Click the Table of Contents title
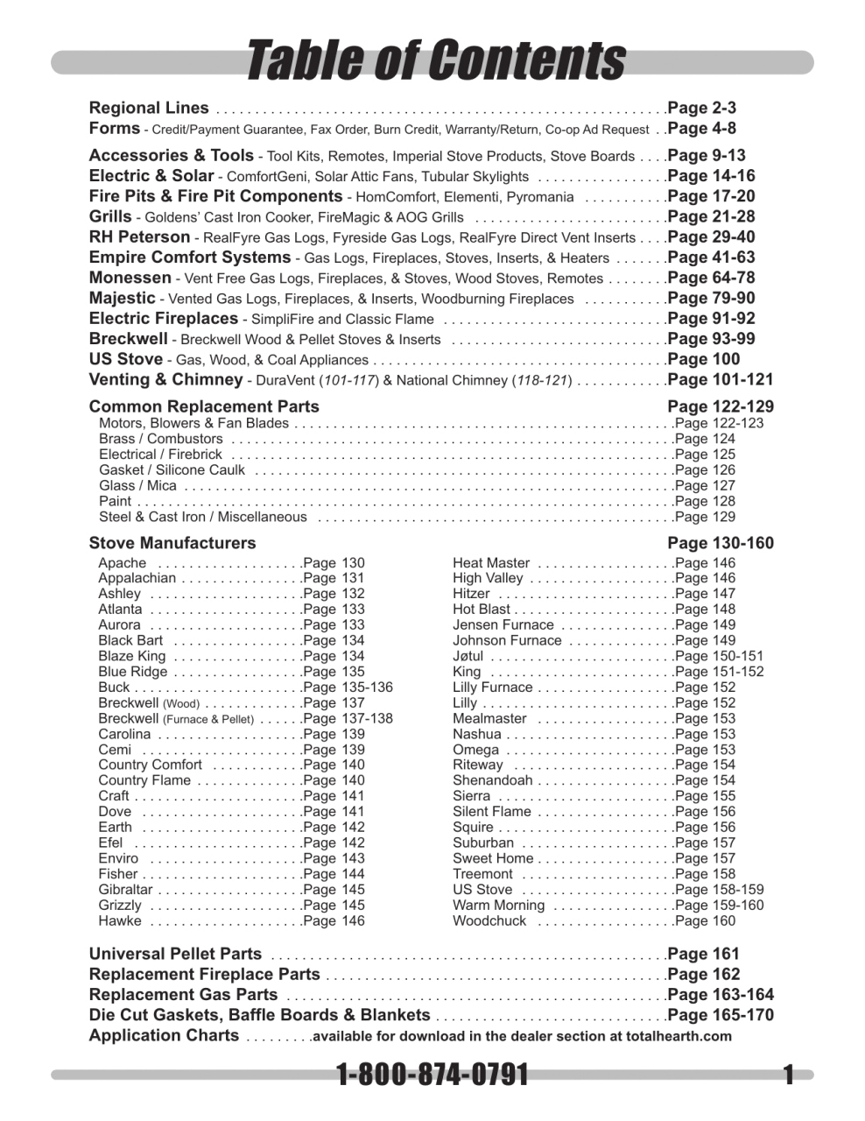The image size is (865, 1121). coord(435,61)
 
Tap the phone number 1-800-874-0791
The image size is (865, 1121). coord(432,1074)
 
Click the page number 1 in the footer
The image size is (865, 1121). coord(788,1075)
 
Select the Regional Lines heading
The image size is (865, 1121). coord(149,108)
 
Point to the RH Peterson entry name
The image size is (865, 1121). coord(139,236)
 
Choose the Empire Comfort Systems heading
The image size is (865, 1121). coord(189,257)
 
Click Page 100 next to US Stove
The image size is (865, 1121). coord(703,359)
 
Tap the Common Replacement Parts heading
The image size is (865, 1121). coord(204,406)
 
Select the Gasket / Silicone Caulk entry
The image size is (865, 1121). coord(172,470)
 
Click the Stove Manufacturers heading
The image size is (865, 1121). coord(172,543)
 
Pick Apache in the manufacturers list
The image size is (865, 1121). coord(123,563)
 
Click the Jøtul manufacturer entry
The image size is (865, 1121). coord(468,656)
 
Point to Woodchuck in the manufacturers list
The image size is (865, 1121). coord(489,920)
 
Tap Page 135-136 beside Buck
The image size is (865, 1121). coord(348,687)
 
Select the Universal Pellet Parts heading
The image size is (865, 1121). coord(175,954)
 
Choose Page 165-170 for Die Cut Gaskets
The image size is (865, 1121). coord(720,1015)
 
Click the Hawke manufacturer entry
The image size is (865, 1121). coord(119,920)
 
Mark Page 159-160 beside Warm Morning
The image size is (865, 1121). coord(719,905)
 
